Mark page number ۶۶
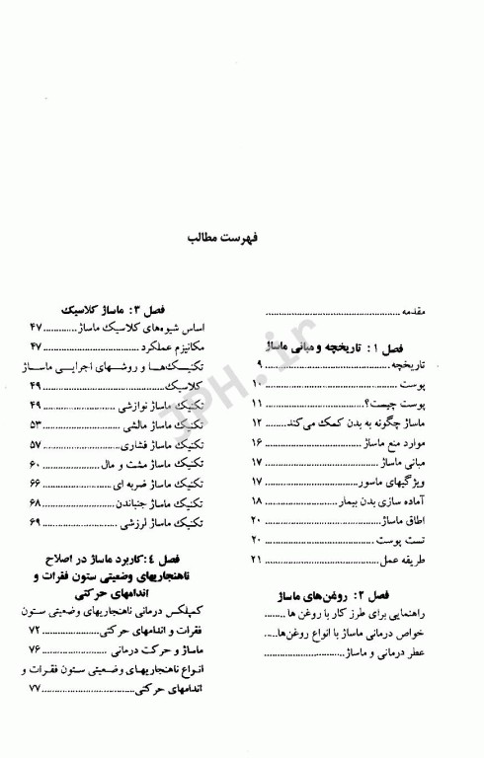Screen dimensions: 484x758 pyautogui.click(x=33, y=483)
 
